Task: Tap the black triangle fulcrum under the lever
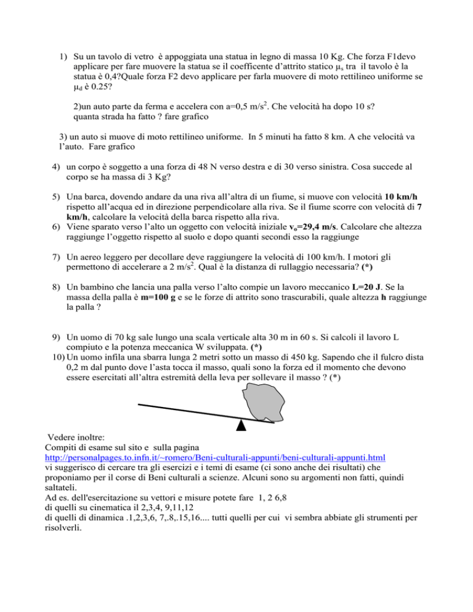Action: [x=242, y=424]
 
